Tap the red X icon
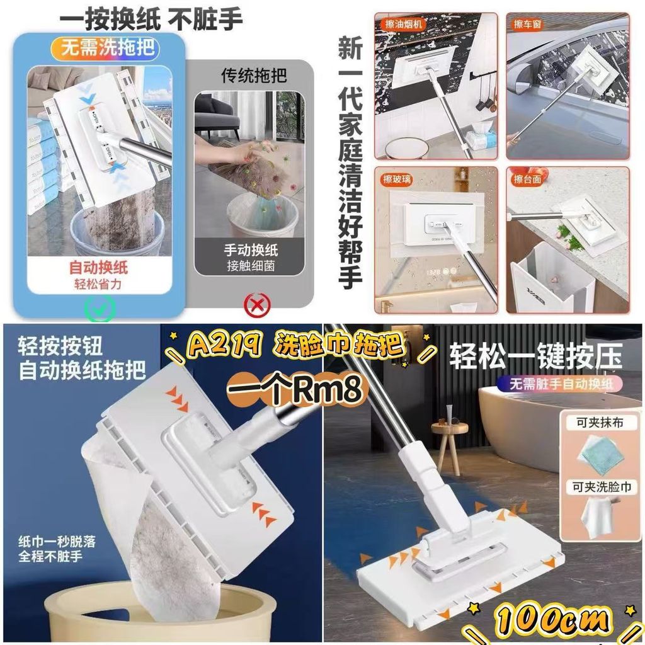(257, 305)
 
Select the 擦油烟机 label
(404, 24)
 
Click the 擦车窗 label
(527, 25)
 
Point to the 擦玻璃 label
(397, 179)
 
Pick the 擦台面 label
(527, 180)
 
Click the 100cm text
(552, 620)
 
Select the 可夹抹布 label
(600, 423)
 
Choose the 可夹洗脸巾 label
(602, 487)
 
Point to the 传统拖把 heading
(254, 76)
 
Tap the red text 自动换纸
(98, 268)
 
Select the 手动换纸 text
(251, 249)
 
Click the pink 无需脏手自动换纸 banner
(560, 384)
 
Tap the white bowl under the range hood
(407, 147)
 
